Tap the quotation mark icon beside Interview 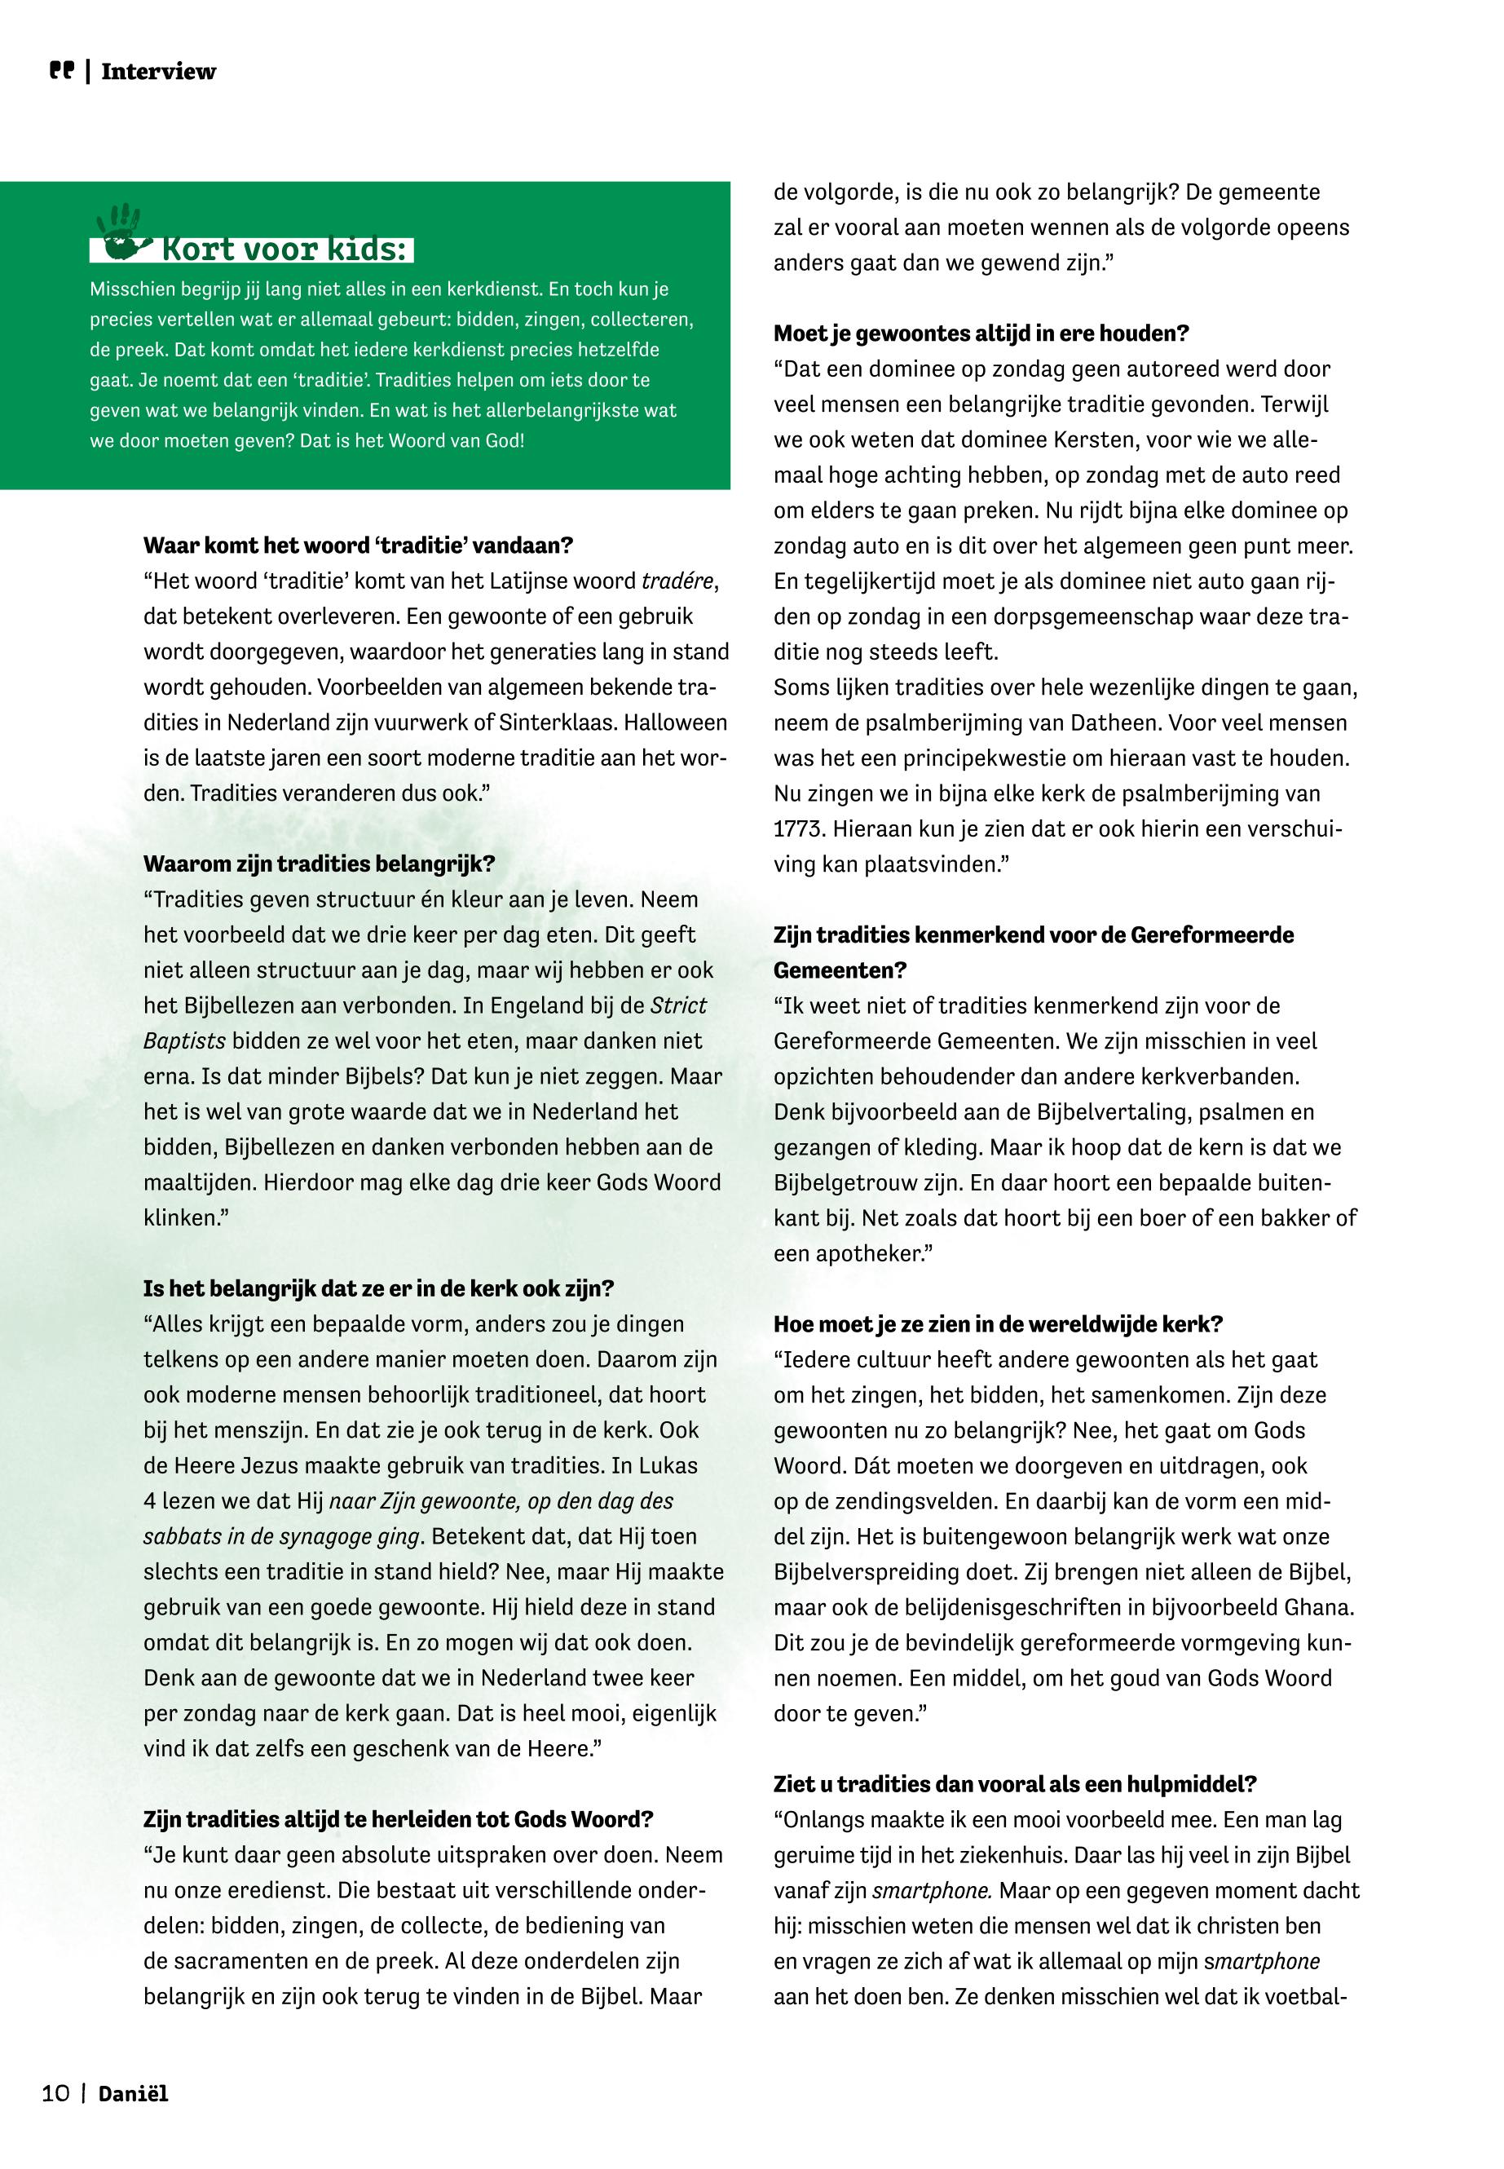coord(61,71)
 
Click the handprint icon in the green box coord(121,232)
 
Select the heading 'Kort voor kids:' coord(284,249)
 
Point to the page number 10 coord(55,2094)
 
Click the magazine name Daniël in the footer coord(133,2094)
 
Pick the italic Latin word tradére coord(677,581)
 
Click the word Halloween coord(677,722)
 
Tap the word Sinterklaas coord(558,722)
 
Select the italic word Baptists coord(185,1040)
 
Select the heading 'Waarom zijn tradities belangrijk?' coord(319,864)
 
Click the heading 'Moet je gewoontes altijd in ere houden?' coord(981,333)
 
